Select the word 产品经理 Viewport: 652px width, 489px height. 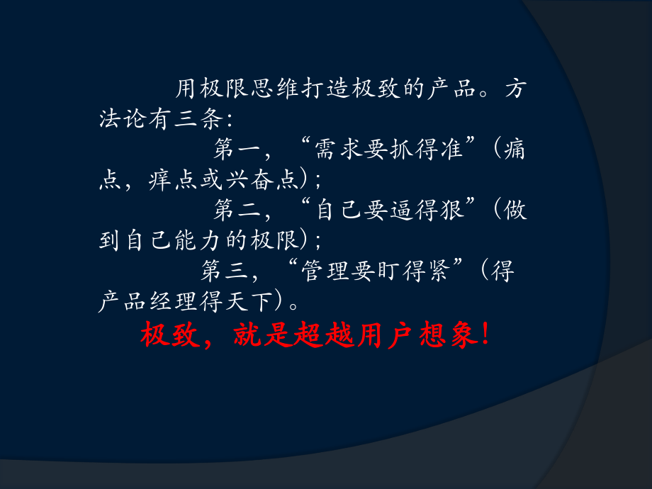[x=145, y=301]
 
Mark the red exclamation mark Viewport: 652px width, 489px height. [x=484, y=336]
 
